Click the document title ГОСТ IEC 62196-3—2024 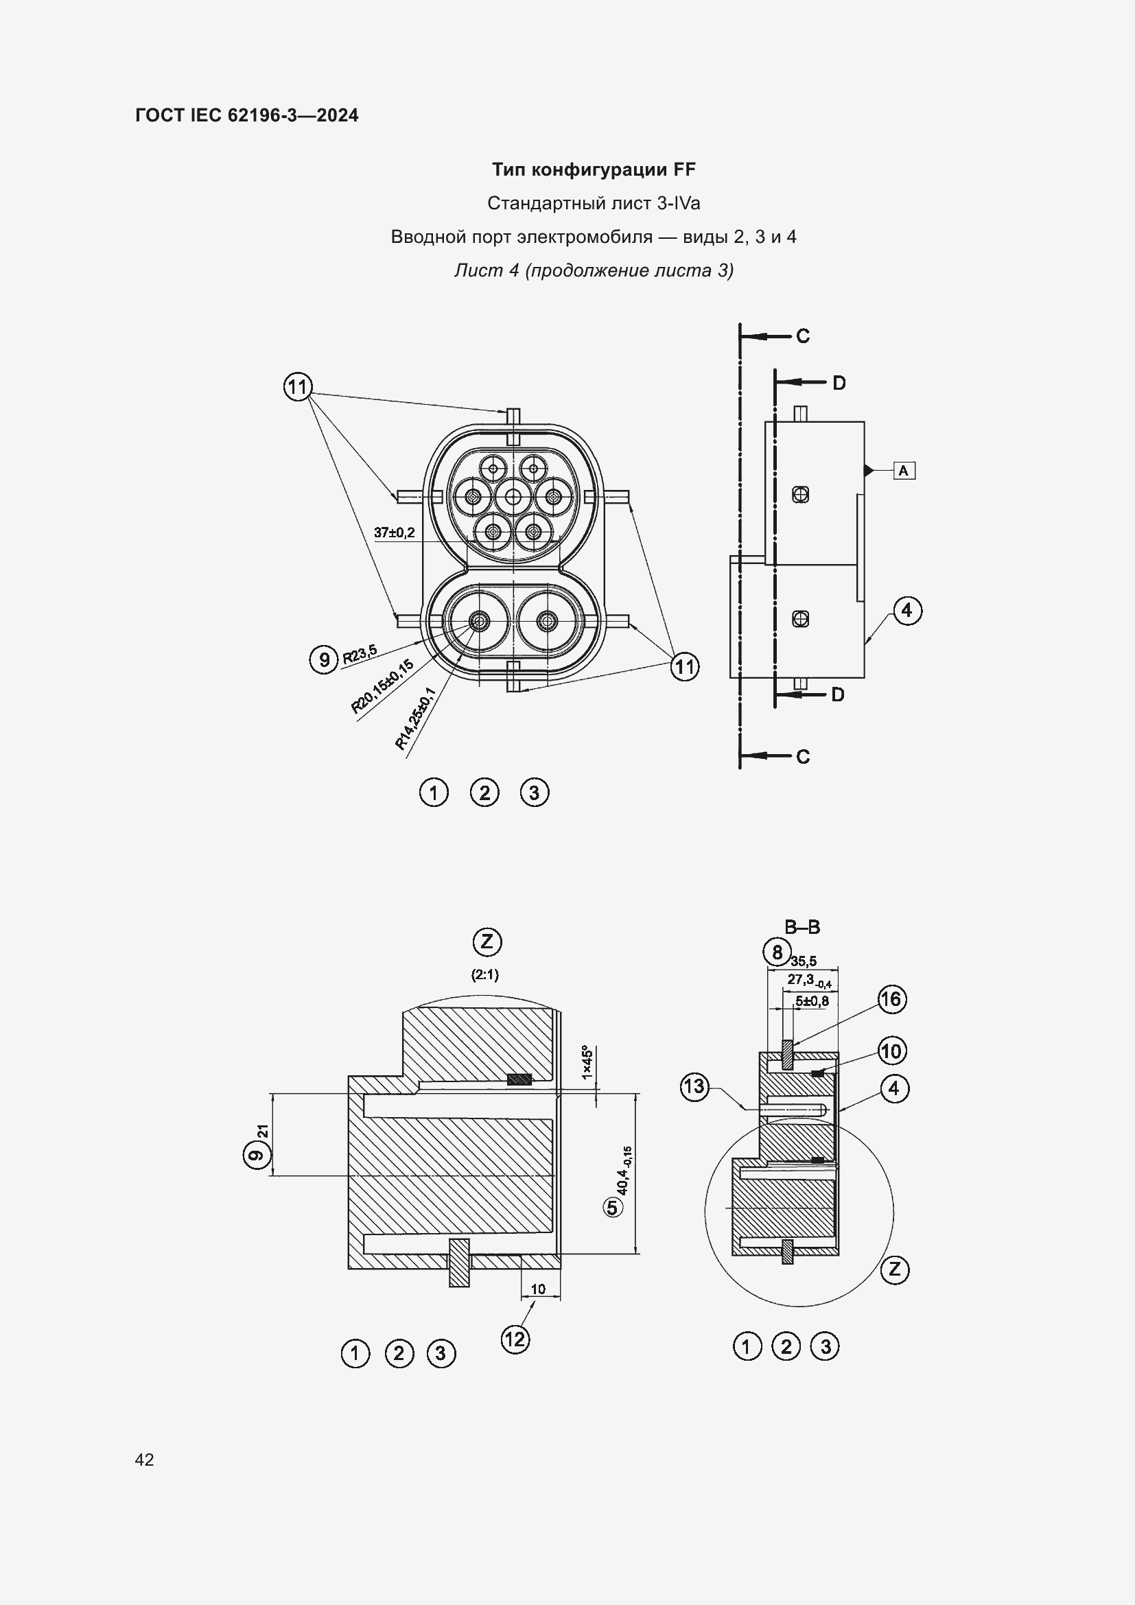click(x=247, y=115)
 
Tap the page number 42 click(x=145, y=1459)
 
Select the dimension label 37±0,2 click(x=394, y=532)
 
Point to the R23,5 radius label click(x=359, y=655)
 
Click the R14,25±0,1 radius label click(x=415, y=718)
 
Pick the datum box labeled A click(x=904, y=471)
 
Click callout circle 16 click(x=891, y=999)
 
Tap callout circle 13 click(x=694, y=1086)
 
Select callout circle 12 click(x=515, y=1339)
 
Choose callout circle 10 click(x=891, y=1051)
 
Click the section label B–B click(x=802, y=928)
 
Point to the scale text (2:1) click(x=485, y=974)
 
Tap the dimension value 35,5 click(x=804, y=961)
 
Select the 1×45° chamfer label click(x=588, y=1062)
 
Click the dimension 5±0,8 click(x=812, y=1001)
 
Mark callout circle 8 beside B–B click(x=777, y=952)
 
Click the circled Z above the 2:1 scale click(x=487, y=941)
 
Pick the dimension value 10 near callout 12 click(x=538, y=1289)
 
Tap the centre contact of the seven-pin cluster click(x=514, y=497)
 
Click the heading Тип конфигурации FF click(x=594, y=169)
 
